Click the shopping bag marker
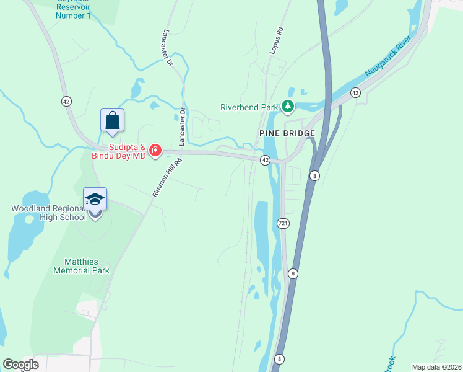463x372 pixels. point(112,120)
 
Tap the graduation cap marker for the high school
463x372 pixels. point(95,199)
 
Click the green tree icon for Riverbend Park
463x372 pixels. point(287,107)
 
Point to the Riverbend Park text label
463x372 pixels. point(249,107)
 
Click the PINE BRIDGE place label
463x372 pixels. point(287,133)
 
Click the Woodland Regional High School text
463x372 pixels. point(48,213)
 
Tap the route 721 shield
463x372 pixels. point(283,223)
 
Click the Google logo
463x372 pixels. point(20,365)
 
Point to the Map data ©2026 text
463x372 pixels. point(436,367)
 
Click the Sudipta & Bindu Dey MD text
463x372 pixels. point(126,152)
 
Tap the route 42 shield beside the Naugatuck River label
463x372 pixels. point(355,92)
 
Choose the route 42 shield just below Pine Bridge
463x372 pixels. point(265,160)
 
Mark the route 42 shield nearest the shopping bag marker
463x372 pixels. point(66,100)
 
